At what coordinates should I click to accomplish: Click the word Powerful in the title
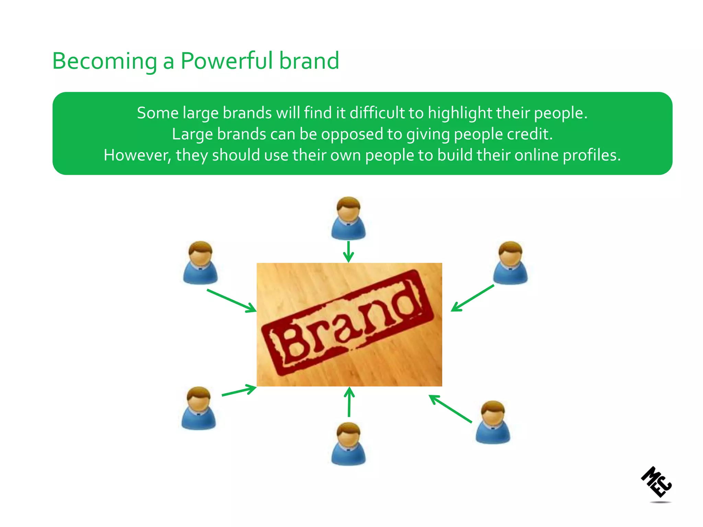(227, 61)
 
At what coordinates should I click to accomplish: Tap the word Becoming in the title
(104, 61)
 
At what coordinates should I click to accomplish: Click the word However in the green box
(137, 155)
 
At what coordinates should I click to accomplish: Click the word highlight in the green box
(460, 113)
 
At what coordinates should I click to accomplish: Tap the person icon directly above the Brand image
(348, 218)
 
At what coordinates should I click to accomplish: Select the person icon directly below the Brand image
(348, 444)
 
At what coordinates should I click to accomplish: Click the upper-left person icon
(200, 263)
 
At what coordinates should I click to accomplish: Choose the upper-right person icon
(510, 263)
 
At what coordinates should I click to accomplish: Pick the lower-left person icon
(198, 408)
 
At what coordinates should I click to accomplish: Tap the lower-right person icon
(493, 422)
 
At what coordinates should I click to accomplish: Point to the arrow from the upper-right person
(472, 298)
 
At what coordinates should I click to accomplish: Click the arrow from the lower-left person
(239, 391)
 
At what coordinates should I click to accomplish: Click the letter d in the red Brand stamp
(407, 302)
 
